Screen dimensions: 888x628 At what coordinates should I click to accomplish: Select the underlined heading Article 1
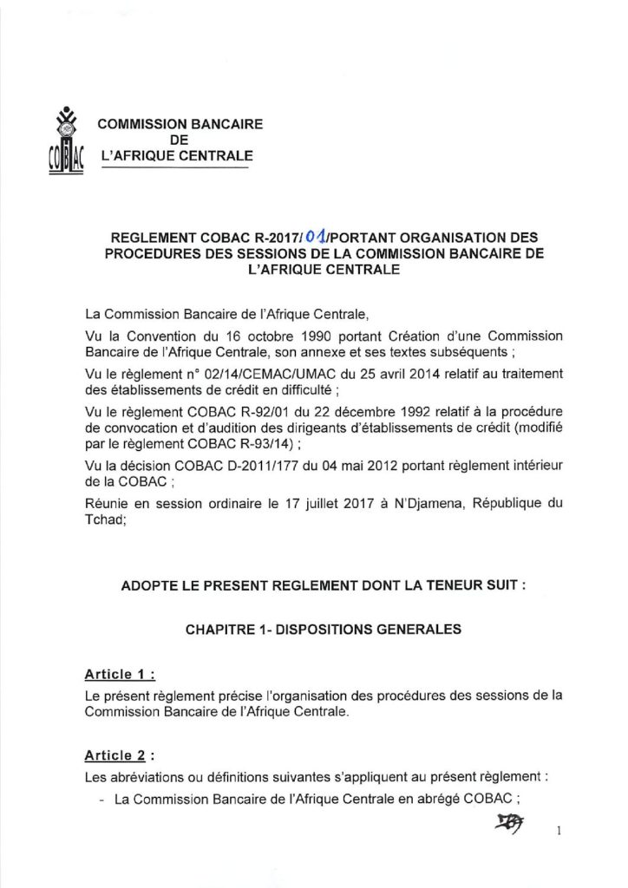tap(119, 674)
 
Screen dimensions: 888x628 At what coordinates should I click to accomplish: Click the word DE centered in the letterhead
tap(179, 140)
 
